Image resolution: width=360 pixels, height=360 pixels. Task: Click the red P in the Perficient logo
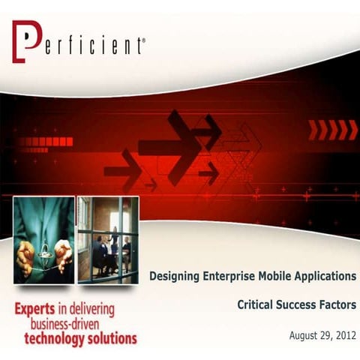(x=25, y=43)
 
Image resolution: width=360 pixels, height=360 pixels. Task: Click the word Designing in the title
(x=175, y=277)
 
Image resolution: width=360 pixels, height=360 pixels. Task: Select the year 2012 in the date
(x=343, y=334)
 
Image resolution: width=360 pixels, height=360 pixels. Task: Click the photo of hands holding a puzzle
(x=43, y=239)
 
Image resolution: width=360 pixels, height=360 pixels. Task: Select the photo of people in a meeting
(x=108, y=239)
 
